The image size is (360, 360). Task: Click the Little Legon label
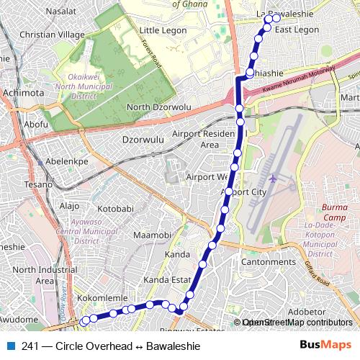[x=163, y=31]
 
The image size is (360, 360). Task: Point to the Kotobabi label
[x=116, y=209]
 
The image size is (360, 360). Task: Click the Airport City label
[x=243, y=192]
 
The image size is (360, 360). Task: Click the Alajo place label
[x=70, y=206]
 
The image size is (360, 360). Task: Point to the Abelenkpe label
[x=66, y=161]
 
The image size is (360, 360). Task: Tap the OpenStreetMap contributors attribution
[x=297, y=323]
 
